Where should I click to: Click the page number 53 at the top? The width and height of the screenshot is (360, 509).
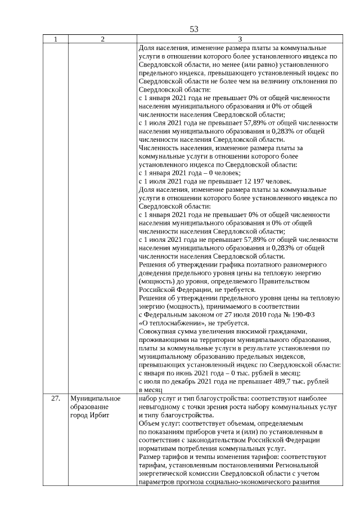coord(194,29)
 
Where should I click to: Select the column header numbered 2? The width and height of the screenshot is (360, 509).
coord(102,40)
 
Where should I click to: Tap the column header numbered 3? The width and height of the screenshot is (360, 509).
coord(240,40)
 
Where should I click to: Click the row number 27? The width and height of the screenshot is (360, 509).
coord(55,398)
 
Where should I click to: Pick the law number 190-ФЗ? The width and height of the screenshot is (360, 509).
coord(300,314)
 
